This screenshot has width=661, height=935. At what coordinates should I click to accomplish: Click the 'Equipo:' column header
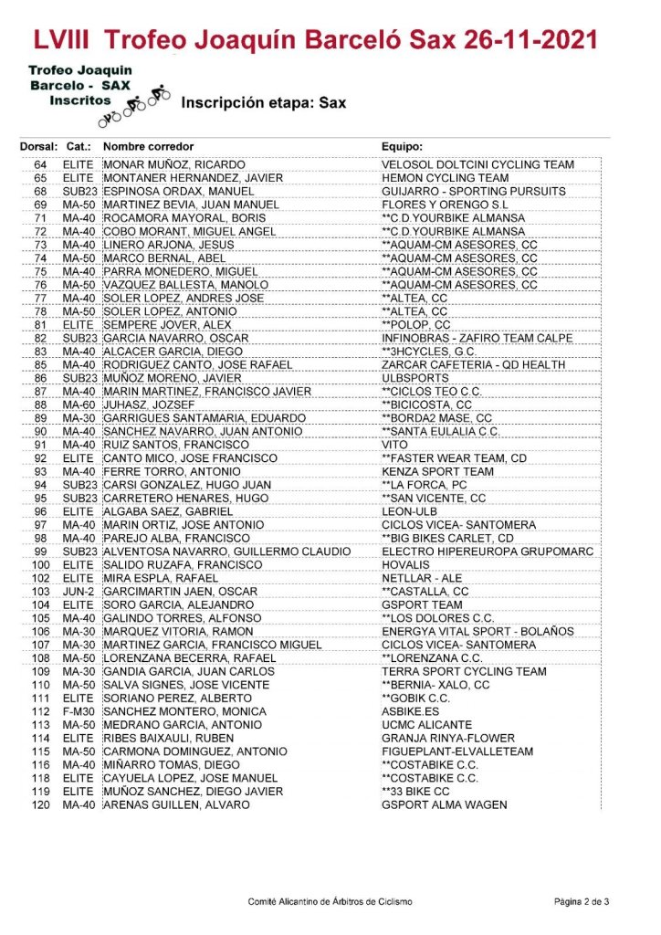click(402, 147)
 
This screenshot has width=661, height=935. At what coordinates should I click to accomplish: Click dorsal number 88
click(40, 404)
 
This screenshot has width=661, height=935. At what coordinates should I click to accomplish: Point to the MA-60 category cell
click(79, 404)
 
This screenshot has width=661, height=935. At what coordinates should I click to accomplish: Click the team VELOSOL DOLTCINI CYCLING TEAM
click(477, 164)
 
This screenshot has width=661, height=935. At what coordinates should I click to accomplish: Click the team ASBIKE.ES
click(410, 711)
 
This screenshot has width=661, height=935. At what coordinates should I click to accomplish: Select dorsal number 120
click(40, 804)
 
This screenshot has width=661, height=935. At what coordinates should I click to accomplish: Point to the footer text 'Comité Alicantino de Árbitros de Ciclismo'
click(330, 901)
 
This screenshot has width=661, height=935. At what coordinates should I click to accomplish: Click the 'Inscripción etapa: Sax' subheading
click(264, 103)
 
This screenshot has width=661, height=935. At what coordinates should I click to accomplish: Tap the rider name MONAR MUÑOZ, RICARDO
click(172, 164)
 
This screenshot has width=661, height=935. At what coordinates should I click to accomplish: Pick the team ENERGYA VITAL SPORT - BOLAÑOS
click(477, 632)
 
